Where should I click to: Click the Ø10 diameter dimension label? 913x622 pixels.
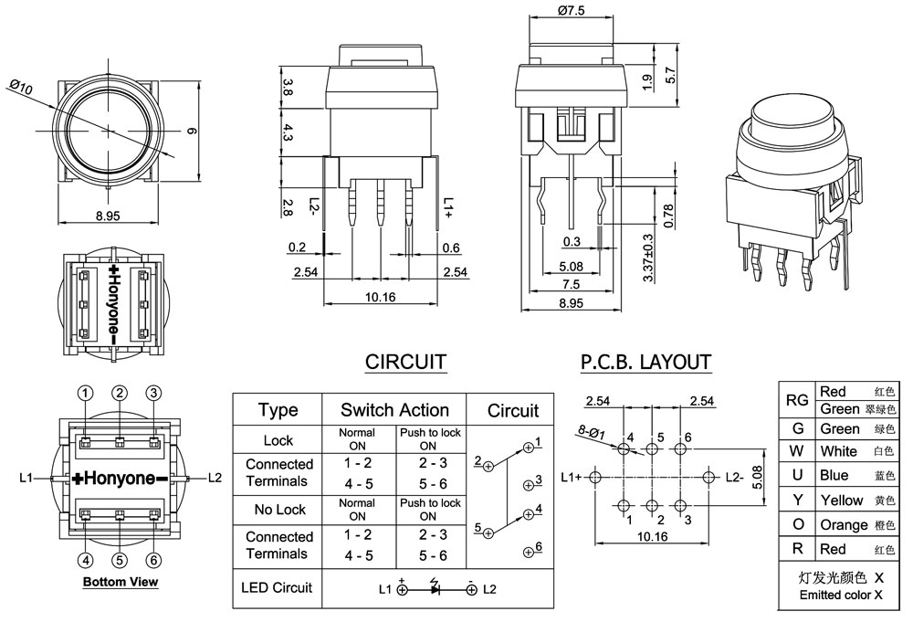coord(21,88)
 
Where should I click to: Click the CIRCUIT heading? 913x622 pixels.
coord(405,362)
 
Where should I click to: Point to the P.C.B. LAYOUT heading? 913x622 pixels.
coord(645,362)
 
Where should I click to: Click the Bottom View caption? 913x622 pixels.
coord(120,582)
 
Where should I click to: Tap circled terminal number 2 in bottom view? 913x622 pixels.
coord(120,393)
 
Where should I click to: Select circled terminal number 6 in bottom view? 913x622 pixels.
coord(153,560)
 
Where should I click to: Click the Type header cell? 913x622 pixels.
coord(278,410)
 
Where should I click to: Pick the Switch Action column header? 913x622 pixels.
coord(394,410)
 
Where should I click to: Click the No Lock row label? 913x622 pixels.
coord(278,509)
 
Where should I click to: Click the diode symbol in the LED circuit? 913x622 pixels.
coord(436,589)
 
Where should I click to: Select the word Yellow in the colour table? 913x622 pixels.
coord(841,501)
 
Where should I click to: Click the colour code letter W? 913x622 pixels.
coord(797,451)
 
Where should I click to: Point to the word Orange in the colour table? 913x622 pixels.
coord(844,525)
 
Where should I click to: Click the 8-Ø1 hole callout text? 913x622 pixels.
coord(591,431)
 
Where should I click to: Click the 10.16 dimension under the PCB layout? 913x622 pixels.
coord(651,537)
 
